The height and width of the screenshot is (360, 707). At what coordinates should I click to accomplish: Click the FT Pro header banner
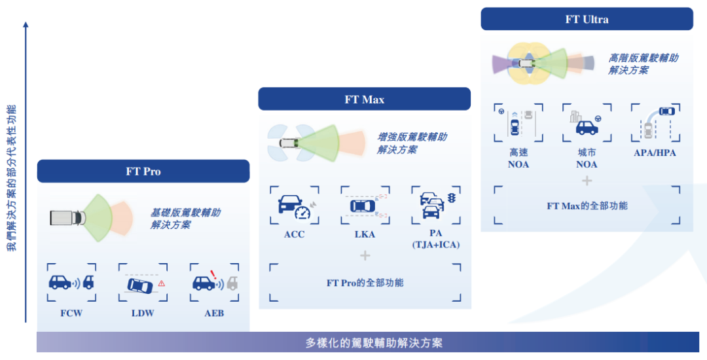coord(143,171)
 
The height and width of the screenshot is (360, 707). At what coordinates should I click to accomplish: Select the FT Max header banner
coord(364,99)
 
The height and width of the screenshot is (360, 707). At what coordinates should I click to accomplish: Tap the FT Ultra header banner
coord(587,19)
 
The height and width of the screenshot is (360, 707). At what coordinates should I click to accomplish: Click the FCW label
coord(71,314)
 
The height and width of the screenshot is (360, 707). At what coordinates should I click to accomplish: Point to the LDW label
coord(142,314)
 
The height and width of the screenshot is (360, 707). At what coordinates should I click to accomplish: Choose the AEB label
coord(213,314)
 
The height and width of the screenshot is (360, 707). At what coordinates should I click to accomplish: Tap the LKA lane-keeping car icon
coord(364,206)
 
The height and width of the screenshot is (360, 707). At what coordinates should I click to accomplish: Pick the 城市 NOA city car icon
coord(586,123)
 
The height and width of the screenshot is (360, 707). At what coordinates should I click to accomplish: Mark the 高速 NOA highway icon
coord(518,123)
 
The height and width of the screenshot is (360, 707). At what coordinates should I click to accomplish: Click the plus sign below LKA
coord(365,255)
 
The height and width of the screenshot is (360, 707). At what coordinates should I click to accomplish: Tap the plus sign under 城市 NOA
coord(587,180)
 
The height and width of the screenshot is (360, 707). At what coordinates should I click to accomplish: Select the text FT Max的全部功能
coord(587,206)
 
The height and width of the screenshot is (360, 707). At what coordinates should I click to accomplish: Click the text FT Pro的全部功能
coord(365,283)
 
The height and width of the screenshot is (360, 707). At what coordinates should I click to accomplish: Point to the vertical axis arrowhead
coord(26,25)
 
